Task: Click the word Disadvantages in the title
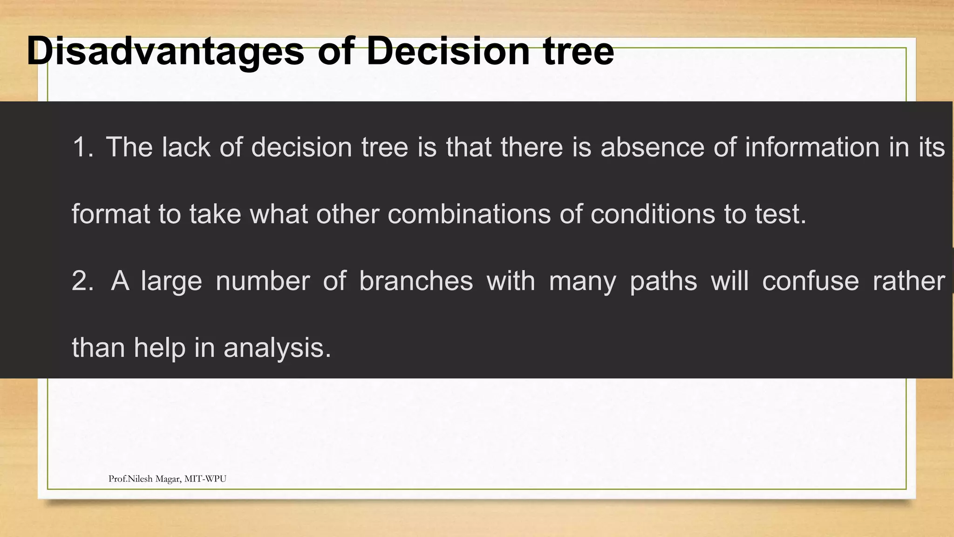[x=165, y=51]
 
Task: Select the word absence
[x=653, y=147]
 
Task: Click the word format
[x=110, y=214]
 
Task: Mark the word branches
[x=416, y=281]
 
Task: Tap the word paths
[x=663, y=281]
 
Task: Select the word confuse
[x=811, y=281]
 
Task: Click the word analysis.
[x=277, y=348]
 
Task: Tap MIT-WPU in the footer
[x=205, y=479]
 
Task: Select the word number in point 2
[x=263, y=281]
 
